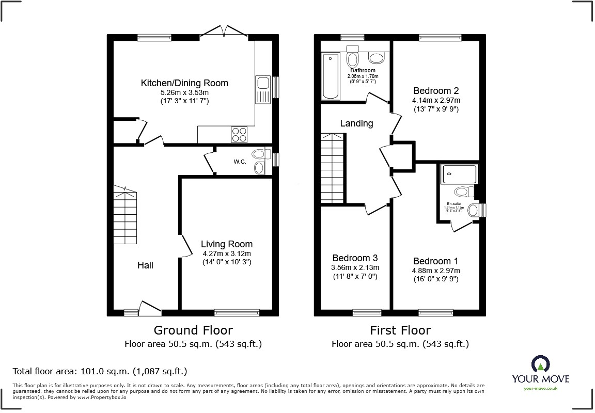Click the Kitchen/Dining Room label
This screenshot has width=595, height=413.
click(x=184, y=83)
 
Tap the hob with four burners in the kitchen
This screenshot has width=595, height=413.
click(x=239, y=134)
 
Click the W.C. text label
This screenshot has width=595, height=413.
click(x=239, y=162)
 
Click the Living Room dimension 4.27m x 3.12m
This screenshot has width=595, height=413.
click(x=227, y=253)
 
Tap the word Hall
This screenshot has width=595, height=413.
click(x=145, y=265)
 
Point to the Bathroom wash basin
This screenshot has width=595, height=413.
click(x=375, y=57)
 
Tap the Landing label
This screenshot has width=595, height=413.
click(x=356, y=123)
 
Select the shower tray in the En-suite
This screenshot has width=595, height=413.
click(x=460, y=174)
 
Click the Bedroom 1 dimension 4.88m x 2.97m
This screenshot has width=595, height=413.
click(x=436, y=271)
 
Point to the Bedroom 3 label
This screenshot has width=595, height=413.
click(x=355, y=258)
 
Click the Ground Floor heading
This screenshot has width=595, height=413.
click(x=193, y=330)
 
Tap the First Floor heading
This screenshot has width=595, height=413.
click(x=400, y=330)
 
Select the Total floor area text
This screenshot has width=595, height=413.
click(x=99, y=371)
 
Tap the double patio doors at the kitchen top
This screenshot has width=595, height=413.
click(x=224, y=32)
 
